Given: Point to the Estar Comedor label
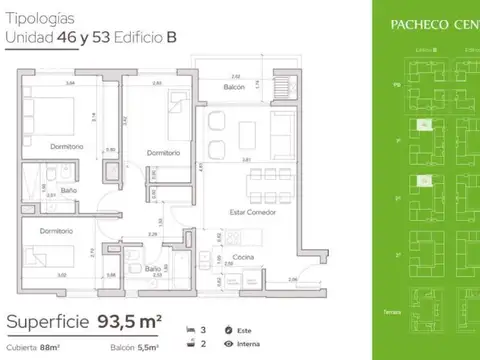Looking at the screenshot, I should [254, 212].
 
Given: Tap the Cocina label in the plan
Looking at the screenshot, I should [243, 258].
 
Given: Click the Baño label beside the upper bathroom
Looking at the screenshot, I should [67, 190].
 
